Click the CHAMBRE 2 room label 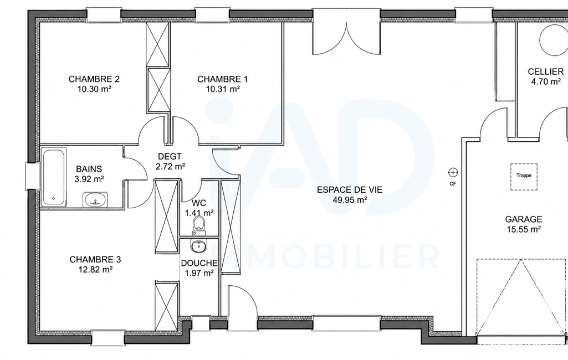94,79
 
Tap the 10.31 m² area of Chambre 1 223,89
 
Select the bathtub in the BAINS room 54,177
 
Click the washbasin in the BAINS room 95,199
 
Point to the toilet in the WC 198,224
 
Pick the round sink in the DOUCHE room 198,246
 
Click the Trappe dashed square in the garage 524,176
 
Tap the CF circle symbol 453,172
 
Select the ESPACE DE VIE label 350,190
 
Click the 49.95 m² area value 350,199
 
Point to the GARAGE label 524,219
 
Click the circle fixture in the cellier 552,40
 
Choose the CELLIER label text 545,71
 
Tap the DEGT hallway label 170,157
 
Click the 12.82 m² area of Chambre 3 95,270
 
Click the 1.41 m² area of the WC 199,213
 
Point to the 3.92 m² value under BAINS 89,178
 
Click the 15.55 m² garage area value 524,229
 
